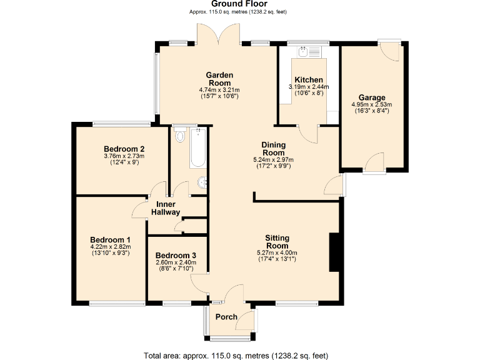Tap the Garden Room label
pos(219,79)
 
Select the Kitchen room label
pos(309,80)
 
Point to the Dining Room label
pos(273,149)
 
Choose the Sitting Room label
pos(277,242)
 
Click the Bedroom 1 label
pos(110,240)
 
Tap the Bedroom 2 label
pos(124,149)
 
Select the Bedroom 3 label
pos(176,256)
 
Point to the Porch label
pos(226,317)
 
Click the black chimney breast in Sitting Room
pos(334,252)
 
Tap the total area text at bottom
pos(236,356)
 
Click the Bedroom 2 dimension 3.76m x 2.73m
pos(124,156)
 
